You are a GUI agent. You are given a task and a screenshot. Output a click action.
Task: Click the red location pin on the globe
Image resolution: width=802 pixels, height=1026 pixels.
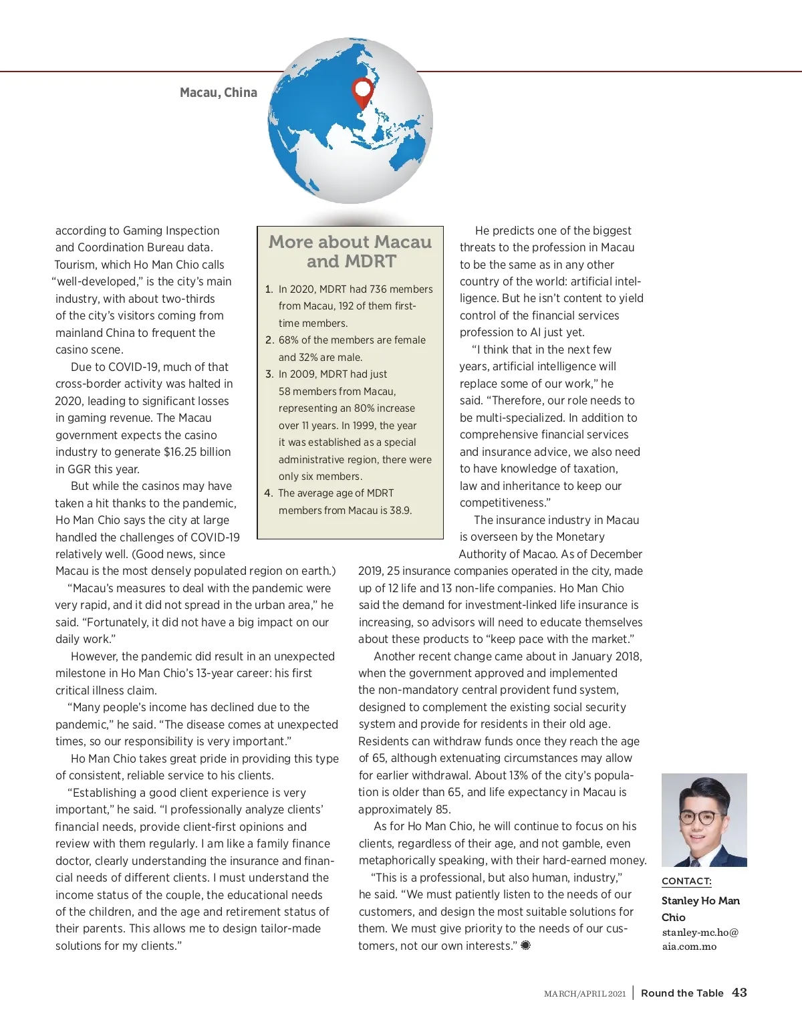362,91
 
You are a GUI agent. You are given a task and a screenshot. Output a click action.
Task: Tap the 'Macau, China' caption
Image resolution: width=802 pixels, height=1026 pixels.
219,92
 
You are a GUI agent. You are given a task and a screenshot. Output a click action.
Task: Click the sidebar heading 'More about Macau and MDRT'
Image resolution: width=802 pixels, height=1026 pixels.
350,251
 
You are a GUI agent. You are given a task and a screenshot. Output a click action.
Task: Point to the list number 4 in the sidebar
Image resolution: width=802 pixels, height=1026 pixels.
269,493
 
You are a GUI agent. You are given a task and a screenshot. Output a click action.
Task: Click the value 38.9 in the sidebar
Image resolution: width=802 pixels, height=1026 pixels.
400,510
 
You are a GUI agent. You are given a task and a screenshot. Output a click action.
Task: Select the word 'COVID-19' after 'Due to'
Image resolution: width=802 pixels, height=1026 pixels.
134,367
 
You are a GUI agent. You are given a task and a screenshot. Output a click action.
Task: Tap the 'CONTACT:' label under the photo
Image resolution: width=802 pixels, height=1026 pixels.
686,881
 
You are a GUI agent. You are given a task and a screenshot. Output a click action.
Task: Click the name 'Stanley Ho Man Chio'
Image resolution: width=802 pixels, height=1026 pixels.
700,909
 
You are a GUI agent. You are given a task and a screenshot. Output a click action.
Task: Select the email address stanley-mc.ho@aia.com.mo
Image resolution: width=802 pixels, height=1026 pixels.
700,939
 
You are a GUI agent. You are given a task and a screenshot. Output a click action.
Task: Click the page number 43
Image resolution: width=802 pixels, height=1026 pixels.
739,993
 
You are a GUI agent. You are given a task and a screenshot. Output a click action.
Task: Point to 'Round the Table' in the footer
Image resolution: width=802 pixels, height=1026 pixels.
682,993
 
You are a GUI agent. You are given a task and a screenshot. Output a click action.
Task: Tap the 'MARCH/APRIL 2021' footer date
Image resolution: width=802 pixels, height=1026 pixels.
585,994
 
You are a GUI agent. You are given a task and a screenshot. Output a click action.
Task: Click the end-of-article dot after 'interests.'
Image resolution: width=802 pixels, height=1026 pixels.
525,945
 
